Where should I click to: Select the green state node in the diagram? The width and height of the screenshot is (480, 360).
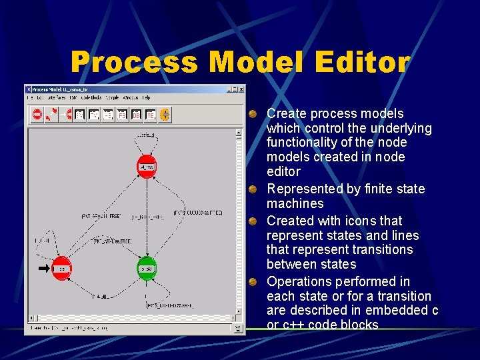click(x=147, y=268)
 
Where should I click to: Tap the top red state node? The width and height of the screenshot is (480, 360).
click(x=147, y=166)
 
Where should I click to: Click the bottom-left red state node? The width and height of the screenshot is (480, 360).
click(x=61, y=268)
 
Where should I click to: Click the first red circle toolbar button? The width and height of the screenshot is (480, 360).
click(x=37, y=115)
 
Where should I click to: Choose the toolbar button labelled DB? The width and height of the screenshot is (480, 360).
click(x=137, y=115)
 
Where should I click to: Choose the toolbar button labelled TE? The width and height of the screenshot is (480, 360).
click(x=151, y=115)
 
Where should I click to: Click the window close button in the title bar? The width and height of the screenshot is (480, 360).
click(x=241, y=89)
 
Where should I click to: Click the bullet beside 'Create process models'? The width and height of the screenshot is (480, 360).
click(x=254, y=114)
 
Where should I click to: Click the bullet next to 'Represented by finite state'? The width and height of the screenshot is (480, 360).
click(x=254, y=189)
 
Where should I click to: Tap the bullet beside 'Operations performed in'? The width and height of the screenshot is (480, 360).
click(x=254, y=282)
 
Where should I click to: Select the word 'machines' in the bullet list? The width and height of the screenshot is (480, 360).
click(x=295, y=203)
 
